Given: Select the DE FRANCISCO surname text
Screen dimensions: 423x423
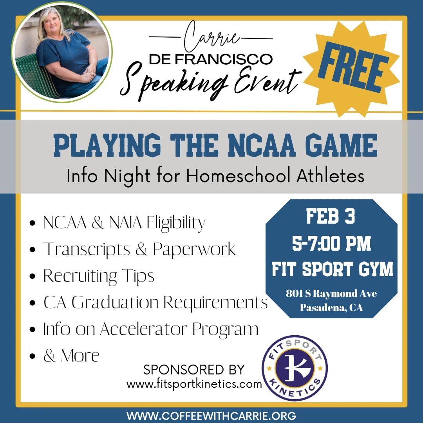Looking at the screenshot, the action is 210,59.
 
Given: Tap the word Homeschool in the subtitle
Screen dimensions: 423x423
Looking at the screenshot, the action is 238,175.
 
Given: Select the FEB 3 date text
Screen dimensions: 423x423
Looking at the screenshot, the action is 331,216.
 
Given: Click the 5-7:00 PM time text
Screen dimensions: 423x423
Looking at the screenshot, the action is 332,243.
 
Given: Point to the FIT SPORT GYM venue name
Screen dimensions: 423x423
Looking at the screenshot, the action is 333,269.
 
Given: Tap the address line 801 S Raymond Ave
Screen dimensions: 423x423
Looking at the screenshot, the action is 332,293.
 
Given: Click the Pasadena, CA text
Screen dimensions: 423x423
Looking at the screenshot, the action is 332,307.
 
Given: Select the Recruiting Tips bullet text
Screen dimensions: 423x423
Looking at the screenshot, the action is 99,276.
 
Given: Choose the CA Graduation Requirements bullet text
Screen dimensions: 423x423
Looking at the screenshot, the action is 155,302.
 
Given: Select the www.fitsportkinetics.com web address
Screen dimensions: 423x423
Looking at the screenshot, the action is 194,383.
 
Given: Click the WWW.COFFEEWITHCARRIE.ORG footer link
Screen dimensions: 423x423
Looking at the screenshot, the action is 211,416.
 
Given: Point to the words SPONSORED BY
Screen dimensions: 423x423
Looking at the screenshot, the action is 194,370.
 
